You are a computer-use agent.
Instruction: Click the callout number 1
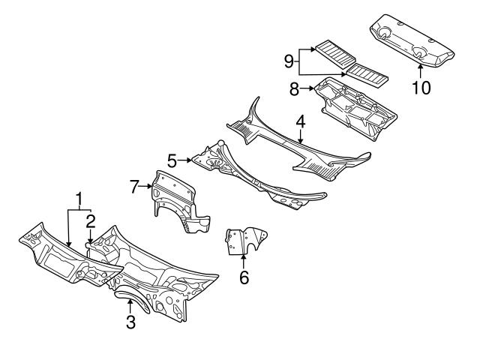pyautogui.click(x=79, y=199)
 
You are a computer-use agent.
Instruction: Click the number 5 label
pyautogui.click(x=172, y=160)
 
